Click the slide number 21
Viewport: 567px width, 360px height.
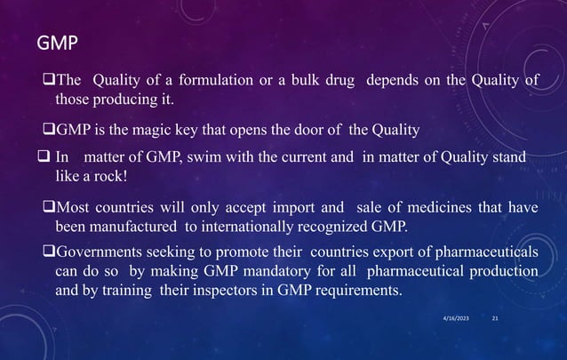pos(495,317)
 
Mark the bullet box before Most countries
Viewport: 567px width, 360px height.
pos(49,208)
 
